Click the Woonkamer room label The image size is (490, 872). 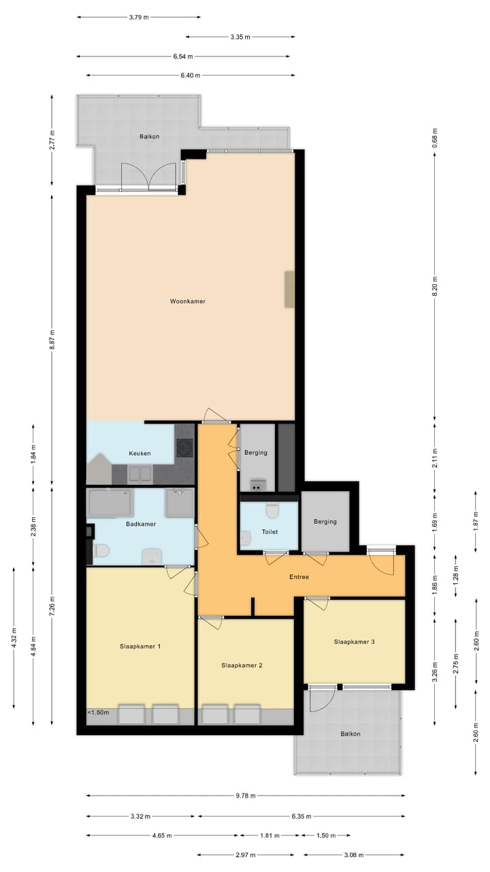(188, 301)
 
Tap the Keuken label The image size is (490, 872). (140, 453)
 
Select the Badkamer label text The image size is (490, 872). (142, 524)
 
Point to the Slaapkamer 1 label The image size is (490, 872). (140, 646)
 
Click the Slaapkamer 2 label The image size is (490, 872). (242, 666)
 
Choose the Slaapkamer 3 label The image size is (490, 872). (355, 641)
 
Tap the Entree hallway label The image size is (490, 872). (299, 577)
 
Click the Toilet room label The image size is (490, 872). (270, 532)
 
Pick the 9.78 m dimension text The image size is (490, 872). (246, 795)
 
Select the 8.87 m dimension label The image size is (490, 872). (52, 339)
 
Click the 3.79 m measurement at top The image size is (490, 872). (139, 18)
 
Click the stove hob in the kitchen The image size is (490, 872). (185, 448)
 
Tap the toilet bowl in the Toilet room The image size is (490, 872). (272, 510)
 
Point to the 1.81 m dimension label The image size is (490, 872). (270, 835)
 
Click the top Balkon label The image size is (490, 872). (150, 136)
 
